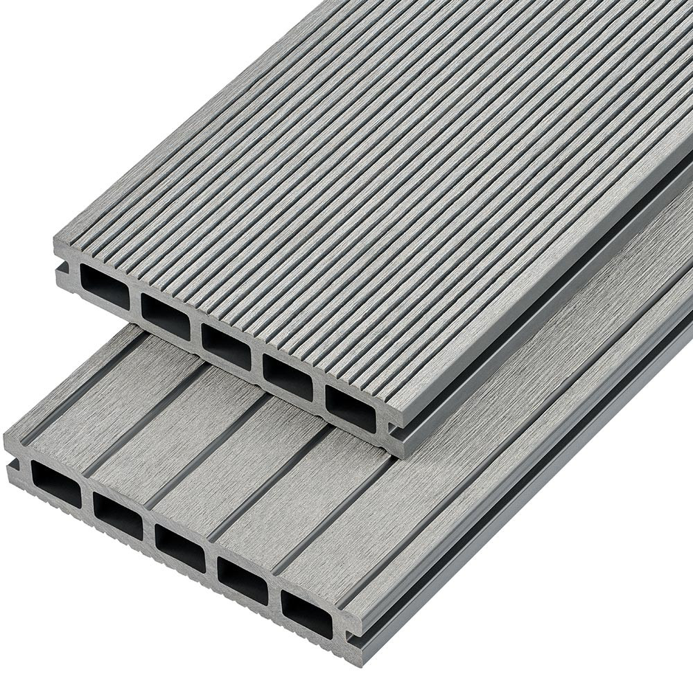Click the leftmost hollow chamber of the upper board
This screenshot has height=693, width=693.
point(104,285)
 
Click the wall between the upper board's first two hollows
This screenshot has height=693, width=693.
point(134,301)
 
